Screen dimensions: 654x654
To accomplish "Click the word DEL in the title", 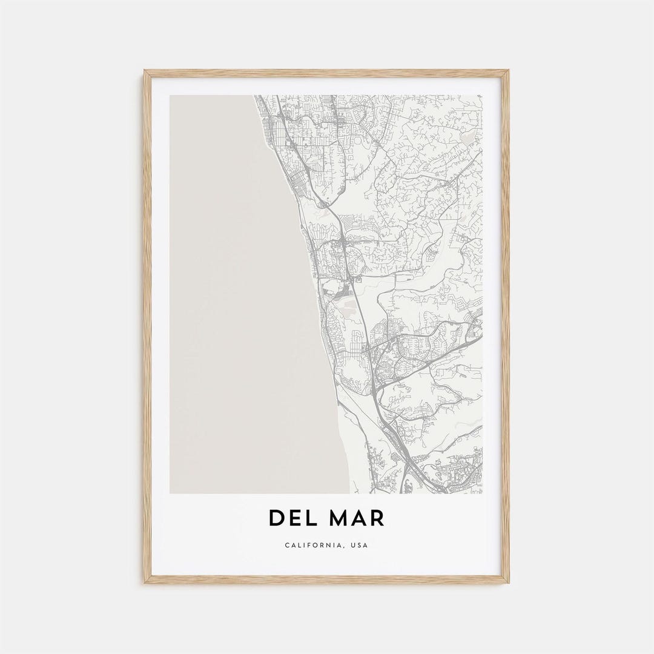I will point(292,518).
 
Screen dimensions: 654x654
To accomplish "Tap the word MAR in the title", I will point(356,518).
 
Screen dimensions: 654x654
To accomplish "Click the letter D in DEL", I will point(277,518).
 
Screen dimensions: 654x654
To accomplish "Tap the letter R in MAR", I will point(377,518).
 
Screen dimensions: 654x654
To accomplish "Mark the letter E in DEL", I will point(294,518).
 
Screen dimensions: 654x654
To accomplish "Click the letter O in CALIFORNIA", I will point(316,545).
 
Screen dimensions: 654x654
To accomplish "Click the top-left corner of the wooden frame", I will point(144,70).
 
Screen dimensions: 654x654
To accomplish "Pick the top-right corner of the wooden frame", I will point(509,70).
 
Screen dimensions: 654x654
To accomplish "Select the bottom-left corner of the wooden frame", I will point(144,583).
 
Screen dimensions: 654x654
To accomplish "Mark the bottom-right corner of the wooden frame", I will point(509,583).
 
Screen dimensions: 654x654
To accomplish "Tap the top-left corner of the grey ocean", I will point(170,96).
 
